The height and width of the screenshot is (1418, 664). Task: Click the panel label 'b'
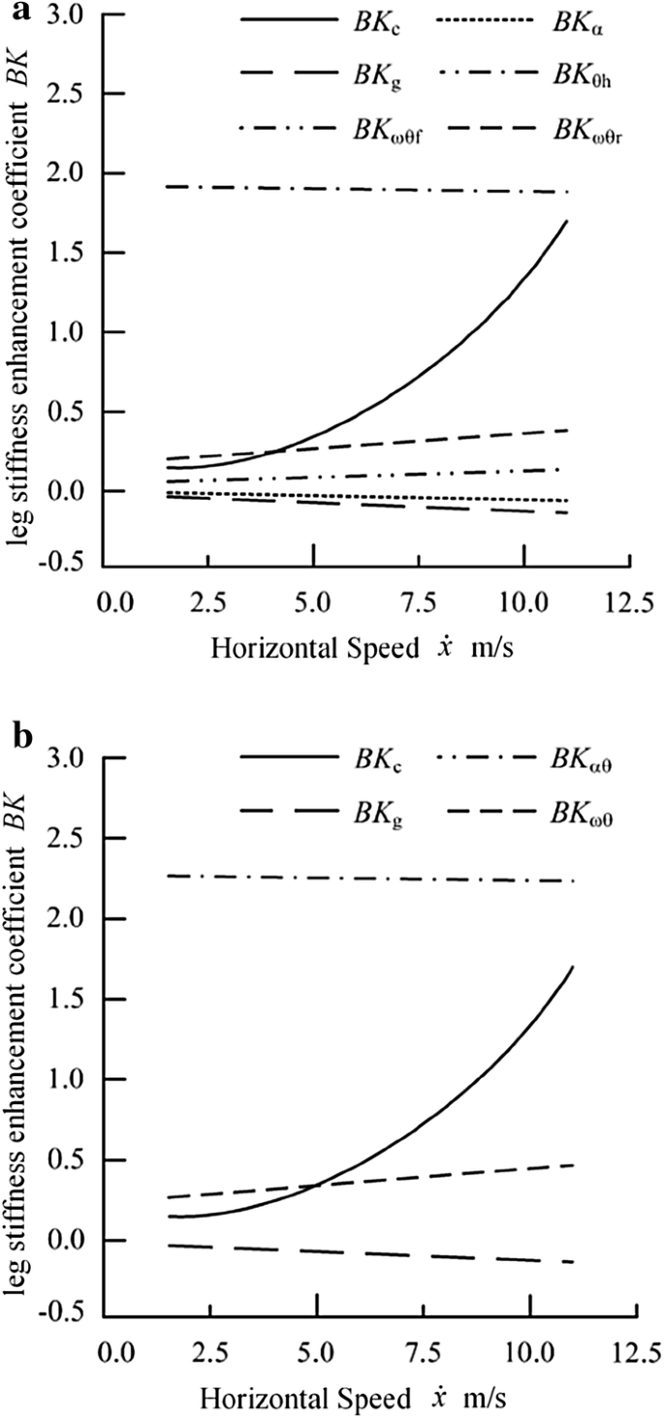click(16, 734)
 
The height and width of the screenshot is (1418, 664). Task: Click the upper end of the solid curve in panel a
click(566, 221)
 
